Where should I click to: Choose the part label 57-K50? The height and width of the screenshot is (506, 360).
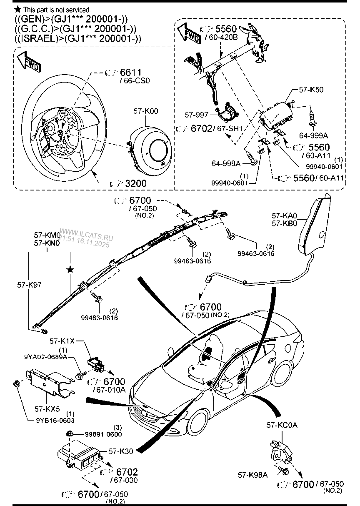point(311,90)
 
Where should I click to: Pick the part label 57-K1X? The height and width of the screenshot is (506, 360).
point(62,341)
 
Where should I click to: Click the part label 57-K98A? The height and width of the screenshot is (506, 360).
point(252,474)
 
